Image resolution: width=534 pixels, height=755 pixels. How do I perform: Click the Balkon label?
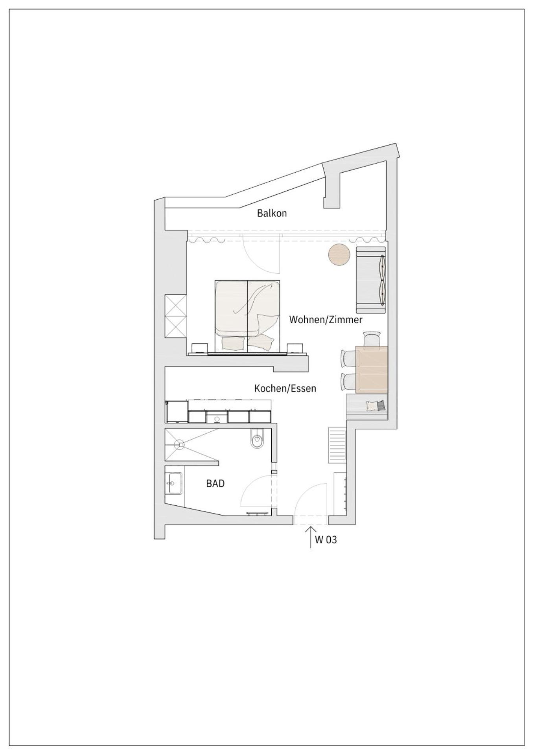pos(272,213)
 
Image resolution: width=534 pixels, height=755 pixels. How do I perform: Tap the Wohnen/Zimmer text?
pos(326,320)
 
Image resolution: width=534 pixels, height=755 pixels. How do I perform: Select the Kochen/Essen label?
pos(285,389)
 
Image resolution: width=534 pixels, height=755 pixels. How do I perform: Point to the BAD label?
pos(215,483)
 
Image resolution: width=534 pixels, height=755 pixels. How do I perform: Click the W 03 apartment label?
pos(326,540)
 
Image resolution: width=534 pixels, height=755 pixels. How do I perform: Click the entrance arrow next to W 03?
pos(311,536)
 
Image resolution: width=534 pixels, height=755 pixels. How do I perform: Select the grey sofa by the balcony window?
pos(370,280)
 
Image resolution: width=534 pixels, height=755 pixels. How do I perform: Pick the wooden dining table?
pos(371,369)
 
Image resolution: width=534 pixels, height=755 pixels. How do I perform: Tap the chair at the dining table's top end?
pos(372,339)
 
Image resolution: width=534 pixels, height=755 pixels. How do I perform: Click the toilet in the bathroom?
pos(258,440)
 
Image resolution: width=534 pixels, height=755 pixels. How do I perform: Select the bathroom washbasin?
pos(173,482)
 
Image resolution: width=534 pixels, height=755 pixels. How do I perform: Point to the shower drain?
pos(179,445)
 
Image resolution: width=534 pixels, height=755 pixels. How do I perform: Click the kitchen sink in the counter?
pos(217,418)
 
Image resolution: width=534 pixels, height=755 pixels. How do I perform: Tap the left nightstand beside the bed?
pos(199,348)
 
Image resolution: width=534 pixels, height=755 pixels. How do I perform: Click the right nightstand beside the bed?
pos(295,348)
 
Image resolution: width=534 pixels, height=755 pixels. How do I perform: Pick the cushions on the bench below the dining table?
pos(375,405)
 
